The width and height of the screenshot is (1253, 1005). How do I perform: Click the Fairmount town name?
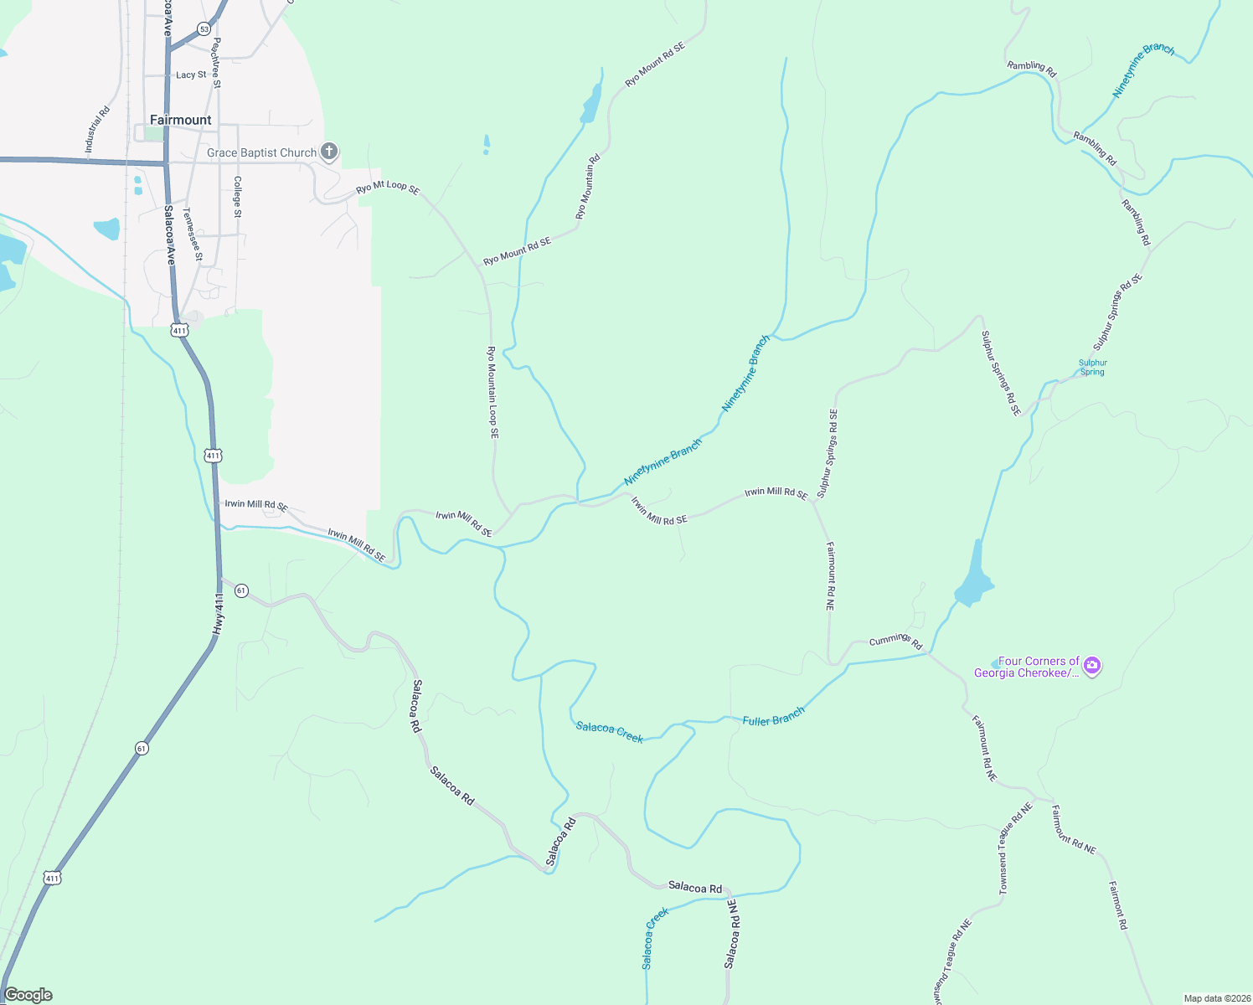click(180, 120)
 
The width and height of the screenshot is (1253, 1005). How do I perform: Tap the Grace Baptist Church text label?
click(261, 152)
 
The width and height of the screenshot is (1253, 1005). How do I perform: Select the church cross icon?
click(329, 152)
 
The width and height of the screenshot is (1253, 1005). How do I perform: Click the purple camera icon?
click(1091, 667)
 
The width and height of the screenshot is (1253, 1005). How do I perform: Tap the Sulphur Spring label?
click(1092, 368)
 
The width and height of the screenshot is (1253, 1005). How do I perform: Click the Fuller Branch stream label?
click(773, 716)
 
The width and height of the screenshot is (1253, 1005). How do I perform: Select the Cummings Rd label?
click(895, 642)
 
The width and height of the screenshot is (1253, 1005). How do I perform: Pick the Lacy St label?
click(191, 75)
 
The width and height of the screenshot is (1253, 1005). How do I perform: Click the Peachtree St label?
click(216, 62)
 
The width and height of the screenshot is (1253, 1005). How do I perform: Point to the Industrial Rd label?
click(97, 129)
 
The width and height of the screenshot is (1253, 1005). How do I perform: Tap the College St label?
click(238, 197)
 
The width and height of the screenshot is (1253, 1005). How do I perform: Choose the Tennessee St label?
click(193, 234)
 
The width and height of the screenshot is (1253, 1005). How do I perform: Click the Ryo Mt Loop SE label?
click(387, 188)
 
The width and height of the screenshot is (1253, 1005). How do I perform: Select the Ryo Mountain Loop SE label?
click(493, 392)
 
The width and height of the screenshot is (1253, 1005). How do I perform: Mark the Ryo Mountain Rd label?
click(588, 187)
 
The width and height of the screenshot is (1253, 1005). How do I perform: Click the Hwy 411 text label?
click(219, 614)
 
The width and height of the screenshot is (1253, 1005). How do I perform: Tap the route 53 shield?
click(204, 29)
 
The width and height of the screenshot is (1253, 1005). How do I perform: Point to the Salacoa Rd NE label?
click(731, 935)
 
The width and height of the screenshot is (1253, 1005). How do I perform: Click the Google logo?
click(28, 995)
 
